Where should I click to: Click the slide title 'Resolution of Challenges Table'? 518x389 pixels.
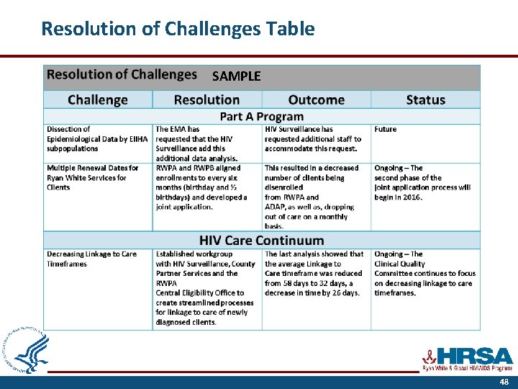178,29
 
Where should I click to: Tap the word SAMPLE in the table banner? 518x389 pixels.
236,76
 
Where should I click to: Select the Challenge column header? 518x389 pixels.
98,100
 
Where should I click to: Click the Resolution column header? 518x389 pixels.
207,100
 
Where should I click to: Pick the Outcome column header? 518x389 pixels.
316,100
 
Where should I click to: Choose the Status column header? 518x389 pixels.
425,100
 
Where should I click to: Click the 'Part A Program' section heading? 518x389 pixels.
261,117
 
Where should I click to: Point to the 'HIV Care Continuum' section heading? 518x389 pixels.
261,241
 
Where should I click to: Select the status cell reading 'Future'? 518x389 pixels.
385,130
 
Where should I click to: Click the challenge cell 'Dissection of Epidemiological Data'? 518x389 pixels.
97,139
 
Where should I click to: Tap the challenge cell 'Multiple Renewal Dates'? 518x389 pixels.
93,177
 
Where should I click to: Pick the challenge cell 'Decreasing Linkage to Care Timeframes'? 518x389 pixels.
91,259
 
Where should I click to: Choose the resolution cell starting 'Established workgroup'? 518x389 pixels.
205,287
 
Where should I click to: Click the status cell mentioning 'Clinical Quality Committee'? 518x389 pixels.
424,274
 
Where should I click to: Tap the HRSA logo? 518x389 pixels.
467,358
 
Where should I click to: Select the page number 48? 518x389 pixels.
504,383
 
